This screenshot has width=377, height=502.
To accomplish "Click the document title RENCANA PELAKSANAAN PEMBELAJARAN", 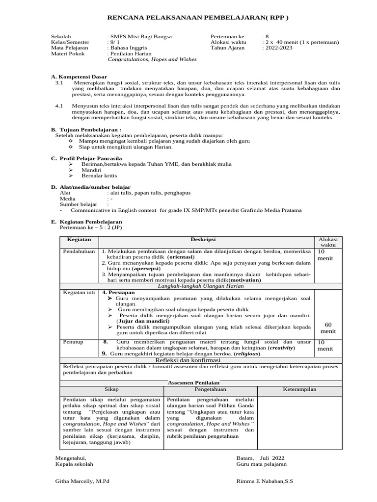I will pos(198,18).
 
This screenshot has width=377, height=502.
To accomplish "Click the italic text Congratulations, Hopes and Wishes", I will pos(152,59).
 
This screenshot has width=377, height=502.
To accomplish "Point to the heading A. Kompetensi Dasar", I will pos(79,77).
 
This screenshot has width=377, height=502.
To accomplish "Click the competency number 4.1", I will pos(59,105).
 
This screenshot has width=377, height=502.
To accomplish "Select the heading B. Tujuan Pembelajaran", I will pos(86,129).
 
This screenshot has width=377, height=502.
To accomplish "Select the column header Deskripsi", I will pos(206,240).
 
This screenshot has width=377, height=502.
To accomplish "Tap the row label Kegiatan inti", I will pos(79,292).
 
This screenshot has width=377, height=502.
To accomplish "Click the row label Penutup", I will pos(72,342).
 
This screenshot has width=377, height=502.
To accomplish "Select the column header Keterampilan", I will pos(299,389).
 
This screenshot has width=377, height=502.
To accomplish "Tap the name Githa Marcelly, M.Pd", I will pos(82,481).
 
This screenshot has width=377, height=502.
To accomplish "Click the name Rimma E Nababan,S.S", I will pos(265,481).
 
